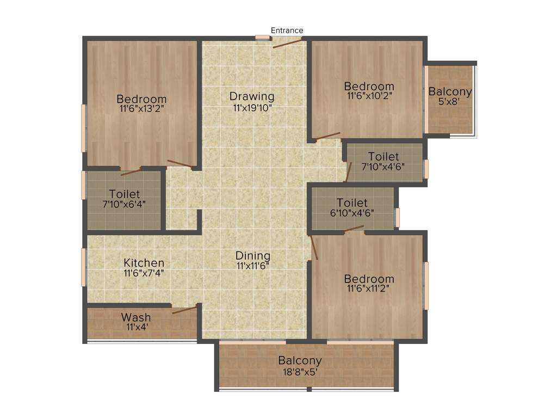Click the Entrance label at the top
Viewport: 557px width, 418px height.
[x=287, y=30]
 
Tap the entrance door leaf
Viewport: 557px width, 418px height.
[x=287, y=43]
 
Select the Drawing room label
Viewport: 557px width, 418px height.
[x=252, y=96]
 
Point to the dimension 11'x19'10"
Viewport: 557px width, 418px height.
[x=252, y=108]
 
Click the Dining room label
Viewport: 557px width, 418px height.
[x=253, y=256]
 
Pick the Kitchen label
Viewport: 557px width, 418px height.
[x=144, y=263]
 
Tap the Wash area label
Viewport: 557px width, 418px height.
[x=136, y=317]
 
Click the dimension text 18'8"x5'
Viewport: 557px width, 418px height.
[x=300, y=372]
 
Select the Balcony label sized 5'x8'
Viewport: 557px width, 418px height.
[x=450, y=91]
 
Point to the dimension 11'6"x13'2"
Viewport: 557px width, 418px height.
[x=141, y=109]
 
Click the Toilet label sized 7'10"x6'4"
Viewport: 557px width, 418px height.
[x=124, y=194]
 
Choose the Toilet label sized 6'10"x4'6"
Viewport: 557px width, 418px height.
[x=351, y=203]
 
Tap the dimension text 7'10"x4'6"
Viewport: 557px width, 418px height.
[x=383, y=167]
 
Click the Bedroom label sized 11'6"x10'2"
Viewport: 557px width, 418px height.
[x=369, y=86]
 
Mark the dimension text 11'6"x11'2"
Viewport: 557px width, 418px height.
[x=369, y=290]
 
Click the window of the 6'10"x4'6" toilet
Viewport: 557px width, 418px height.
[x=398, y=217]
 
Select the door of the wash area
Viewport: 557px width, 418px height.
[x=184, y=310]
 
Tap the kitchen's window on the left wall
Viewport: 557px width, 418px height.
[x=84, y=267]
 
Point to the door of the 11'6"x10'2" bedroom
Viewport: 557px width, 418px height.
[x=328, y=136]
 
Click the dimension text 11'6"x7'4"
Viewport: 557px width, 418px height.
[x=144, y=273]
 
